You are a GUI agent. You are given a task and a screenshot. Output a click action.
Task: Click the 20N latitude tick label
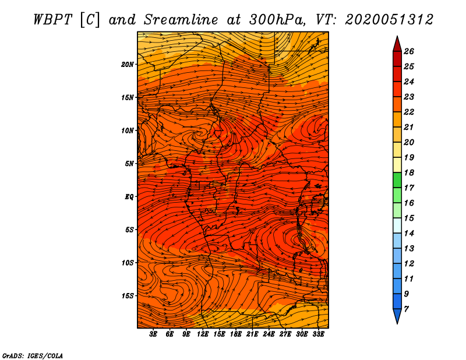tap(127, 65)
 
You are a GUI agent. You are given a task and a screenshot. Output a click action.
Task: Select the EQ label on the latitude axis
tap(129, 197)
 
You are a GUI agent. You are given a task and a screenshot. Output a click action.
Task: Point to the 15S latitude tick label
tap(127, 296)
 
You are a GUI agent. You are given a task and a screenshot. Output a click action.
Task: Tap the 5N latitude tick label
tap(129, 164)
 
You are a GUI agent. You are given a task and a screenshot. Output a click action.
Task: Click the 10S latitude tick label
tap(127, 263)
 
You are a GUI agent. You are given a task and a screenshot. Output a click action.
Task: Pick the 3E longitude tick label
tap(153, 334)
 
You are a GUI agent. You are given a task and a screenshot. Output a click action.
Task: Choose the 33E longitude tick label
tap(318, 334)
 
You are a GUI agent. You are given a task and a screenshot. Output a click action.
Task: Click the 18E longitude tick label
tap(236, 334)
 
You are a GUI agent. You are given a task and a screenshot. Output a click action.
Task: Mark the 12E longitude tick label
tap(203, 334)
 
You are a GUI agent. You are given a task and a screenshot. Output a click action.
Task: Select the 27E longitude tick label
tap(285, 334)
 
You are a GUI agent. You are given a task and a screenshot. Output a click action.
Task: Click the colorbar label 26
tap(409, 51)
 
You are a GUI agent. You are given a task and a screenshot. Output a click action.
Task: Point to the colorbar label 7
tap(406, 309)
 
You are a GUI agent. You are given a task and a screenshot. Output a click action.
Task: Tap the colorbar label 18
tap(409, 172)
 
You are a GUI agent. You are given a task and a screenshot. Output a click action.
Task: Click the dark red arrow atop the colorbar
tap(397, 44)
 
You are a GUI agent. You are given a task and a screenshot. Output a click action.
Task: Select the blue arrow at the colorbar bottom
tap(397, 316)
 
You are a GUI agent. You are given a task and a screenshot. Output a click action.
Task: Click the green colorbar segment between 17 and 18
tap(397, 180)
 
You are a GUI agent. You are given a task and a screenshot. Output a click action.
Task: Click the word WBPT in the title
tap(52, 20)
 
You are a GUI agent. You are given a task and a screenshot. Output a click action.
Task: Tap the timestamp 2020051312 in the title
tap(389, 20)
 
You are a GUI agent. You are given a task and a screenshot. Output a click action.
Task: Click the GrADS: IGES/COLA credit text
tap(33, 356)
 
